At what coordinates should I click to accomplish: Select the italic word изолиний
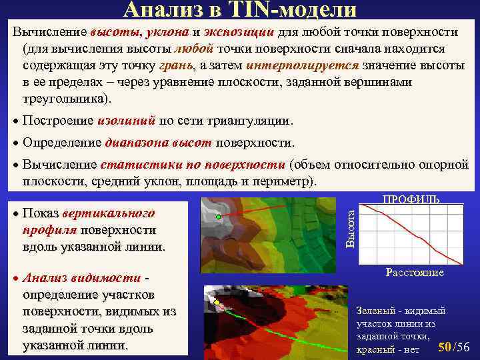(x=126, y=121)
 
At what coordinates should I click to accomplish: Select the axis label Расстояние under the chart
(x=414, y=273)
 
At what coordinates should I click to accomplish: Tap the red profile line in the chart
(x=413, y=233)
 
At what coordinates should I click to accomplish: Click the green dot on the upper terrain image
(x=218, y=218)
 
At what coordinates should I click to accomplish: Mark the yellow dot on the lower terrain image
(x=216, y=302)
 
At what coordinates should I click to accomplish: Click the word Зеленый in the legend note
(x=379, y=311)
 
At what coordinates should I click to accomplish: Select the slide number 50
(x=445, y=347)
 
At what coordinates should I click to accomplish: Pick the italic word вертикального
(x=108, y=214)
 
